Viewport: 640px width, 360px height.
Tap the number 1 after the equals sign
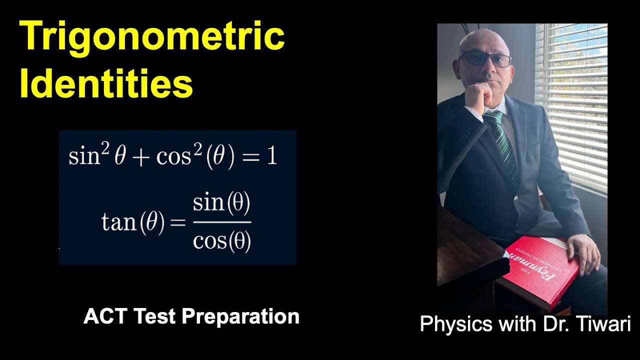[x=271, y=156]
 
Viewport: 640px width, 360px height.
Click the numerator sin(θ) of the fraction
[x=221, y=205]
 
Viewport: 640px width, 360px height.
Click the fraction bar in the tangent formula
[x=221, y=222]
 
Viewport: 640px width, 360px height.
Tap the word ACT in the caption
[x=102, y=316]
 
